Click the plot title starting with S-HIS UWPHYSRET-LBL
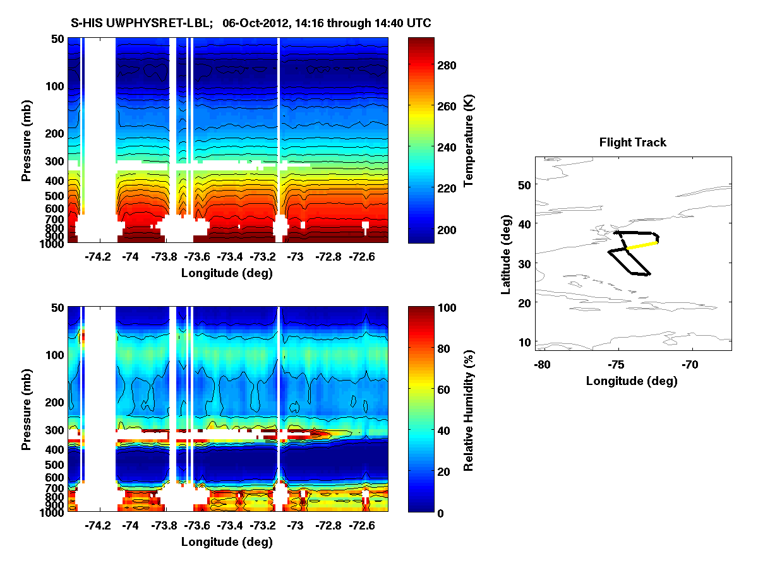click(251, 23)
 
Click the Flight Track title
click(632, 143)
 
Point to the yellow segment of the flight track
click(642, 246)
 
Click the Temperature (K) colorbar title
click(469, 140)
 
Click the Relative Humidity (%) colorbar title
click(469, 410)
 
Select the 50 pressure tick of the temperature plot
click(57, 39)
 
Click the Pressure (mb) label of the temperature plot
click(27, 140)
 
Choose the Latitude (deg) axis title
click(505, 253)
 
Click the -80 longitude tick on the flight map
click(541, 365)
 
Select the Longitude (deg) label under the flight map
click(632, 381)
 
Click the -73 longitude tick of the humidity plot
click(296, 526)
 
